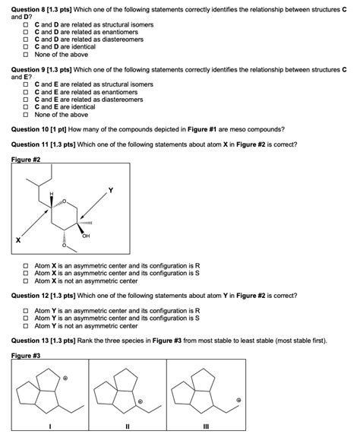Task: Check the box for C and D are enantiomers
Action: click(26, 32)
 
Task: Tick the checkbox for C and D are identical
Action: click(26, 46)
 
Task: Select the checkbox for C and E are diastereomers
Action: click(26, 99)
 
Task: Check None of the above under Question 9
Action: click(26, 114)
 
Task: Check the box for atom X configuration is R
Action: click(26, 267)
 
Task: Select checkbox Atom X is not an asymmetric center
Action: click(26, 281)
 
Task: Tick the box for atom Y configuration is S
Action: click(26, 319)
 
